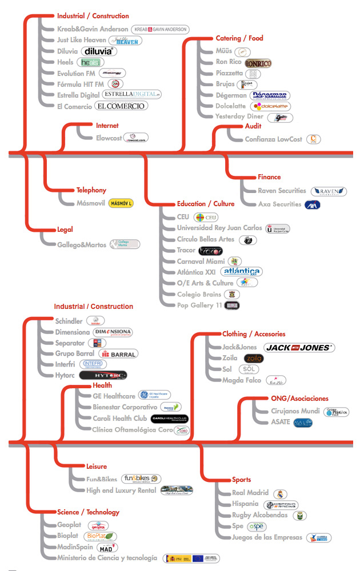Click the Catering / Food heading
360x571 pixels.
click(x=239, y=38)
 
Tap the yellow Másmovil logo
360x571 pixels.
click(x=121, y=203)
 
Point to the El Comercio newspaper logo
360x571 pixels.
click(x=121, y=106)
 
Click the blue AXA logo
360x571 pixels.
click(x=313, y=204)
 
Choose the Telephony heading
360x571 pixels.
click(x=91, y=190)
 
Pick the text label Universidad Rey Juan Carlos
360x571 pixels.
click(x=219, y=228)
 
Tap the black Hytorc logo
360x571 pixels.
click(x=103, y=375)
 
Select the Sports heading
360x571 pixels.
click(x=241, y=480)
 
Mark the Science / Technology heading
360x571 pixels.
click(x=88, y=512)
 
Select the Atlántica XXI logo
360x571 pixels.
click(x=242, y=272)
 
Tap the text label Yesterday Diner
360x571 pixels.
click(x=239, y=116)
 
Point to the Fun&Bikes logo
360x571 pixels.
click(x=141, y=478)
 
